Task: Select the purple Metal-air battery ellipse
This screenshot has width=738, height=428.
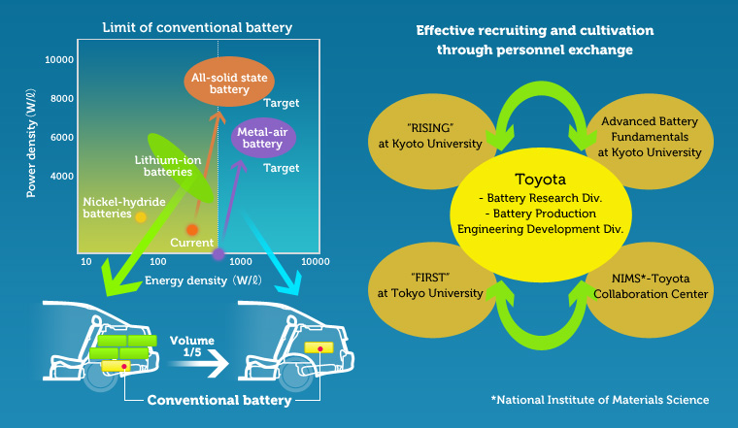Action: click(262, 137)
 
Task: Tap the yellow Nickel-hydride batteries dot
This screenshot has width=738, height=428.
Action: click(140, 216)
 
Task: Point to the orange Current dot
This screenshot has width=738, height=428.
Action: click(192, 230)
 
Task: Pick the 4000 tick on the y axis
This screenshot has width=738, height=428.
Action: click(60, 176)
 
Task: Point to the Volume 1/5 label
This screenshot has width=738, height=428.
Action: click(191, 348)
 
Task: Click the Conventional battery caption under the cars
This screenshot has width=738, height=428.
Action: click(219, 400)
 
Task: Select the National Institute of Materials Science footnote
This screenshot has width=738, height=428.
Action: click(600, 400)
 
